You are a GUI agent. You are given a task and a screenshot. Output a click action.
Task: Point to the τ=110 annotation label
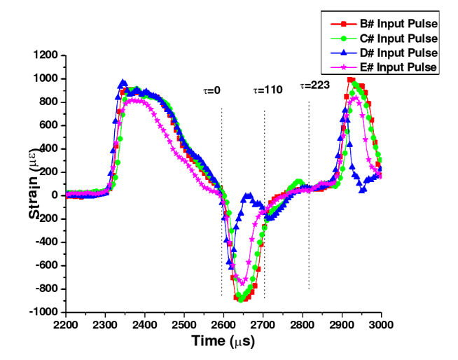268,90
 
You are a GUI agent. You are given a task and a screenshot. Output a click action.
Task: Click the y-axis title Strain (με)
35,184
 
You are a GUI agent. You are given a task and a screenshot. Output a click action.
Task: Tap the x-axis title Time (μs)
223,341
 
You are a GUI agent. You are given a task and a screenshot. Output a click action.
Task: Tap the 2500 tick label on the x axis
184,324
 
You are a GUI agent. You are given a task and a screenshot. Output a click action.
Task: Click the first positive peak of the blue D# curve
123,83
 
